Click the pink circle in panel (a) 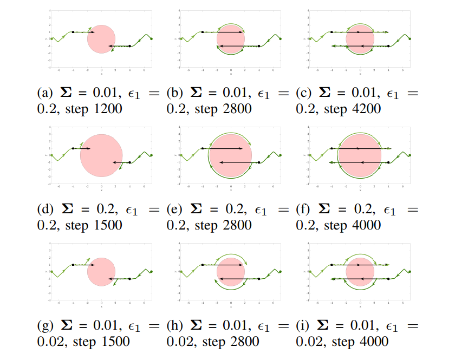click(x=101, y=39)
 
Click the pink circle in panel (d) click(x=101, y=155)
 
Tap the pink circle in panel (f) click(x=360, y=155)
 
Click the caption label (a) click(x=45, y=93)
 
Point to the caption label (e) click(x=174, y=210)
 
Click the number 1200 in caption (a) click(x=108, y=109)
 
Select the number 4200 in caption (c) click(x=366, y=109)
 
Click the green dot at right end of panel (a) click(x=151, y=38)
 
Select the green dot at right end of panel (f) click(x=409, y=155)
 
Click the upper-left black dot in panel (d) click(x=73, y=148)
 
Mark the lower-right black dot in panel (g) click(x=130, y=279)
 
